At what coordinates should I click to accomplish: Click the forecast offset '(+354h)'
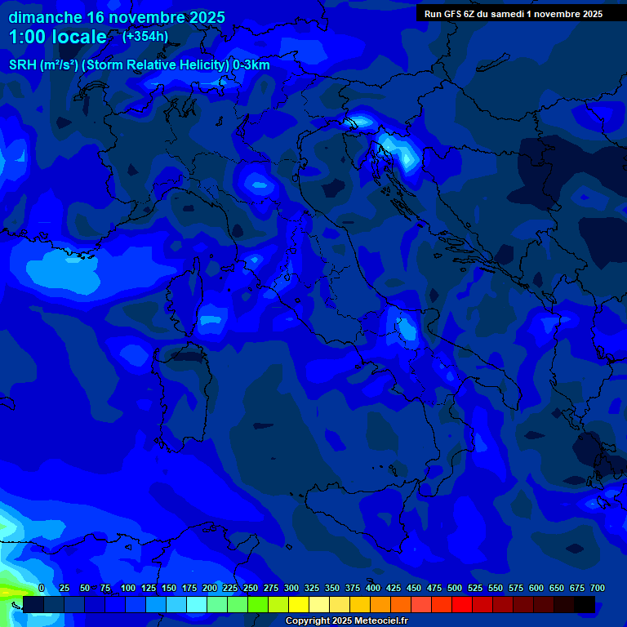[x=145, y=36]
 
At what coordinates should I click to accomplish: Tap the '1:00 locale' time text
[x=57, y=37]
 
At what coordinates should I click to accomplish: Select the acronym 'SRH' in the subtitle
[x=22, y=65]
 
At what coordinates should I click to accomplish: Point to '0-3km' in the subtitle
[x=251, y=65]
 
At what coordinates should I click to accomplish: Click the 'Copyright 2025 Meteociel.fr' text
[x=346, y=621]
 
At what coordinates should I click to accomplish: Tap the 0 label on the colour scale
[x=42, y=588]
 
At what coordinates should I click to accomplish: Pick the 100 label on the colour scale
[x=128, y=588]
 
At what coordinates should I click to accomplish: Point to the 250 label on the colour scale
[x=251, y=588]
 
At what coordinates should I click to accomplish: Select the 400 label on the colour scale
[x=373, y=588]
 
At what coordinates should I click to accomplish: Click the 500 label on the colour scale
[x=455, y=588]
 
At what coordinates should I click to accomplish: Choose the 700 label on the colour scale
[x=597, y=588]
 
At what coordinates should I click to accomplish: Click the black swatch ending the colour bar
[x=585, y=604]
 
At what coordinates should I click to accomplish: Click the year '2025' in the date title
[x=207, y=17]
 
